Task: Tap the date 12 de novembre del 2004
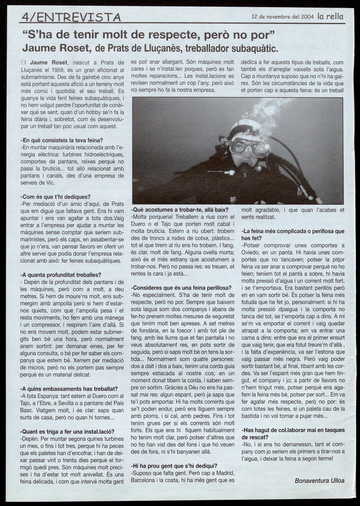283,16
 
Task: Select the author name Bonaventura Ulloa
319,481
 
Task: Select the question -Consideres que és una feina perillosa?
181,288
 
